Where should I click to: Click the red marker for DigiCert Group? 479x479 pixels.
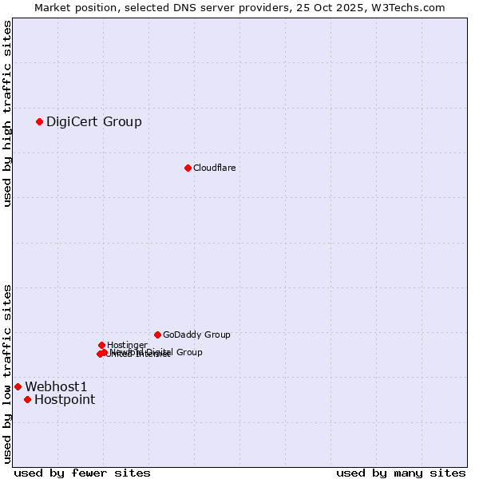(39, 121)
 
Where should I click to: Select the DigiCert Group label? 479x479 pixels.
(94, 121)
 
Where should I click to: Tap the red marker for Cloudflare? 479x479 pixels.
(188, 168)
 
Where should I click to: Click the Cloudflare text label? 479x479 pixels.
(214, 168)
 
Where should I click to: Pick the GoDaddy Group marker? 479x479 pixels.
(157, 335)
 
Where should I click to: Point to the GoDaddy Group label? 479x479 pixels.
(196, 335)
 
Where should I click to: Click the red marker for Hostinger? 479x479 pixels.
(101, 345)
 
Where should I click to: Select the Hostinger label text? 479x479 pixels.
(127, 345)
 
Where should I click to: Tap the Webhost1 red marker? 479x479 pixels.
(18, 386)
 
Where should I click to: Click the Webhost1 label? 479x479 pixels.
(56, 386)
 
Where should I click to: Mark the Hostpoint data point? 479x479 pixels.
(27, 399)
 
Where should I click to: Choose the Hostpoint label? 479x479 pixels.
(65, 399)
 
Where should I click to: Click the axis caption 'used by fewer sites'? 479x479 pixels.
(82, 473)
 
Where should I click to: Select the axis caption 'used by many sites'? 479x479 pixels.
(401, 473)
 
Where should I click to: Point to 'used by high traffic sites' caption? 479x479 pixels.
(8, 113)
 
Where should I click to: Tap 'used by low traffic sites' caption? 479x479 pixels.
(8, 373)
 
